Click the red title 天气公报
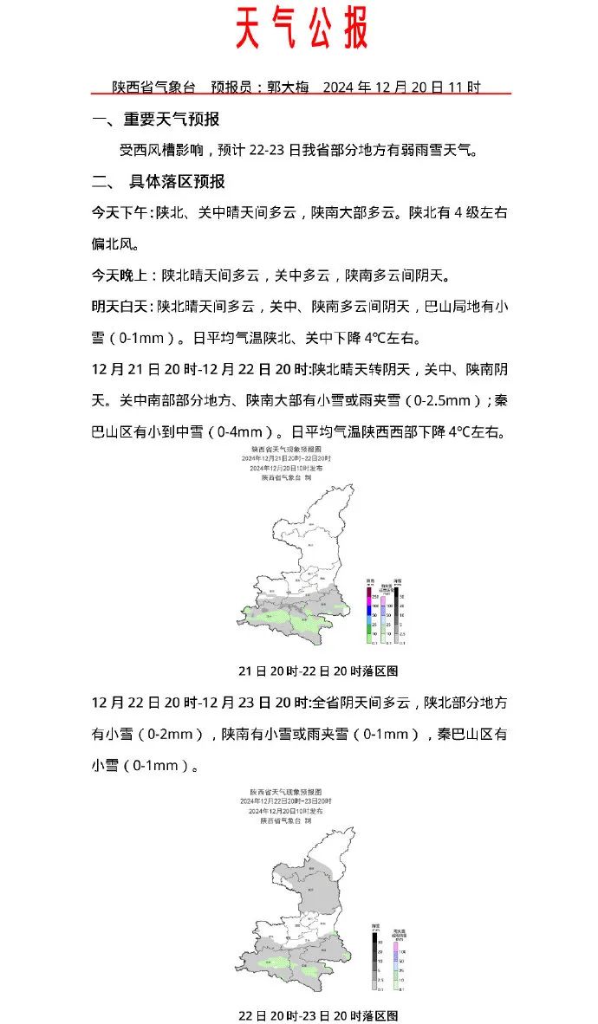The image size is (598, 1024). pos(302,29)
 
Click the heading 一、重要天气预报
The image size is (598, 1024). pos(156,120)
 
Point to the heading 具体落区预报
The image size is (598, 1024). pos(177,182)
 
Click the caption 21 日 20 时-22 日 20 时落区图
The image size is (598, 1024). pos(318,671)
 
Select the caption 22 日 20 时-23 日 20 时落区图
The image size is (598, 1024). pos(318,1014)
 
